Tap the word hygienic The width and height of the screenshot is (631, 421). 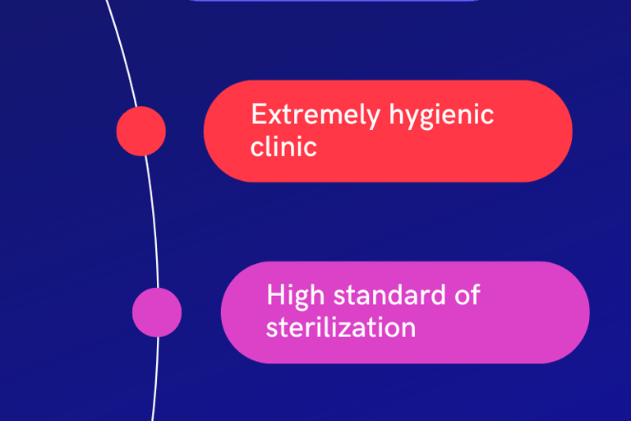pos(441,116)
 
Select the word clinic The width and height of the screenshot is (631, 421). pos(283,147)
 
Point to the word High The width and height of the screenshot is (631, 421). pos(290,295)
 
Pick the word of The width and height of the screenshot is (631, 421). pos(467,295)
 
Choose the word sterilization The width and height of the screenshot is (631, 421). pos(340,327)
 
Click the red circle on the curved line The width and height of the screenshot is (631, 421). pos(141,131)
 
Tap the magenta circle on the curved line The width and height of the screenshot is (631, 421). pos(157,312)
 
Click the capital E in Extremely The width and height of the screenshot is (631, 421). pos(259,114)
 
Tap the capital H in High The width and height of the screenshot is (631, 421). pos(275,295)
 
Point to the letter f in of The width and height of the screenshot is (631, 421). pos(475,294)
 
